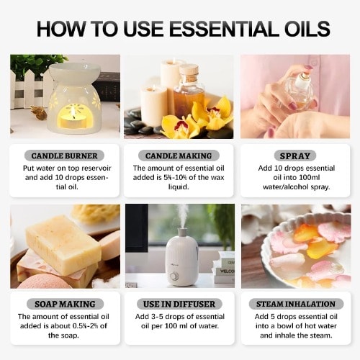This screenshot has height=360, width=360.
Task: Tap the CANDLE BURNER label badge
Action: click(64, 156)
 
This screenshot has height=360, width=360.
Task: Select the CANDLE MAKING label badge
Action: click(179, 156)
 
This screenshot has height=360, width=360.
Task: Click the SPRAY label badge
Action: click(295, 156)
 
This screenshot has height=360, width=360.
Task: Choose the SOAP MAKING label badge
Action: click(65, 304)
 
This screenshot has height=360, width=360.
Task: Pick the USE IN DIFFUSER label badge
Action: click(179, 304)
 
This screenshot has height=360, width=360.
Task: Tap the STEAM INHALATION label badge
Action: click(296, 304)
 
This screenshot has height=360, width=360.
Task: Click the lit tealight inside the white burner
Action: click(73, 120)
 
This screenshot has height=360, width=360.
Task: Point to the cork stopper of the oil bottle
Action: click(189, 71)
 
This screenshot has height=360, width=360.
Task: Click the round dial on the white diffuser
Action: click(174, 276)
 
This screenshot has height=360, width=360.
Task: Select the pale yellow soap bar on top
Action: click(63, 245)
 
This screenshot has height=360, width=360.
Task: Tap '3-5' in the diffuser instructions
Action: click(157, 317)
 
